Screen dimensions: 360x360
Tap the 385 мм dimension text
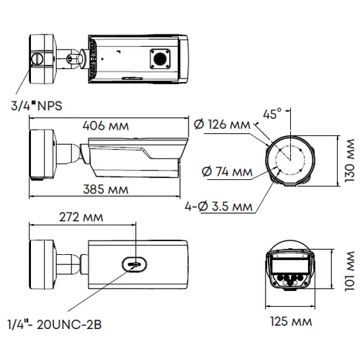click(103, 192)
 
